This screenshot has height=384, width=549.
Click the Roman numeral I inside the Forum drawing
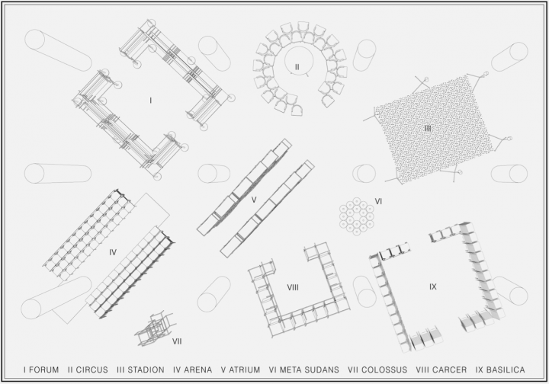(x=150, y=101)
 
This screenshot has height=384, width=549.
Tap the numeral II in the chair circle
(x=297, y=67)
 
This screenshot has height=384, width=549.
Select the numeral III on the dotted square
(x=428, y=128)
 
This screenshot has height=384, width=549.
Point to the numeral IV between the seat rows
(x=113, y=252)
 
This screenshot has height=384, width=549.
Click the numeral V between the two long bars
(x=254, y=200)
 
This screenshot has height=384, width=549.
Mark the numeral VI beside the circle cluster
(x=378, y=201)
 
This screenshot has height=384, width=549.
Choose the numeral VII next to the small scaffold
(x=177, y=341)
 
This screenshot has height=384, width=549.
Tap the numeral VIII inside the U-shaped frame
(x=293, y=287)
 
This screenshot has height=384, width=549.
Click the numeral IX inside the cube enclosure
(x=433, y=286)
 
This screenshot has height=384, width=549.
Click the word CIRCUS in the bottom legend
(x=92, y=370)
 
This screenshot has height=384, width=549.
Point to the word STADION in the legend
(x=146, y=370)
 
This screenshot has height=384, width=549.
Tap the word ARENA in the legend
(x=197, y=370)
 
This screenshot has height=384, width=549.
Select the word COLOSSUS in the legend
(x=385, y=370)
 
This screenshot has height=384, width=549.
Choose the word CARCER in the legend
(x=451, y=370)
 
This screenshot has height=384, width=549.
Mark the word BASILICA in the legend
(x=506, y=370)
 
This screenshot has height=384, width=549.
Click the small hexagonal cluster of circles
(x=356, y=216)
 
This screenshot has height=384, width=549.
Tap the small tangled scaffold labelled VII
(x=154, y=328)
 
